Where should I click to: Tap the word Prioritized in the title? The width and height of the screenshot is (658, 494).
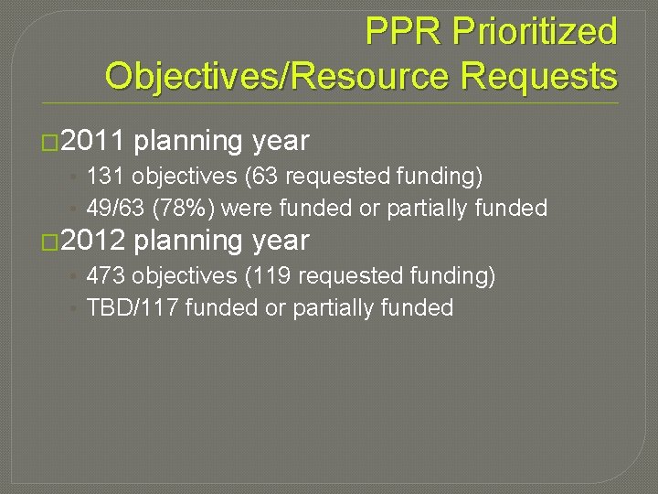click(x=536, y=32)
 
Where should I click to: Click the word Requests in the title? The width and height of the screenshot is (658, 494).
click(x=539, y=75)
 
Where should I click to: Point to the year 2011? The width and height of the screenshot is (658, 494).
click(x=96, y=141)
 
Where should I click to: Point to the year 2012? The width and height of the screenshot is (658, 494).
click(x=96, y=241)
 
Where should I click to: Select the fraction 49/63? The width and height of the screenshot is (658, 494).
click(x=117, y=209)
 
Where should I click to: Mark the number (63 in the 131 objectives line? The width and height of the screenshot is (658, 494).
click(x=265, y=175)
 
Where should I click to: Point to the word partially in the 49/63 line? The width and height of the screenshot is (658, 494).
click(x=430, y=209)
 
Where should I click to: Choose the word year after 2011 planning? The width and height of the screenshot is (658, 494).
click(x=281, y=141)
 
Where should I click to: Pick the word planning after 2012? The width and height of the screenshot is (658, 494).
click(x=188, y=241)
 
